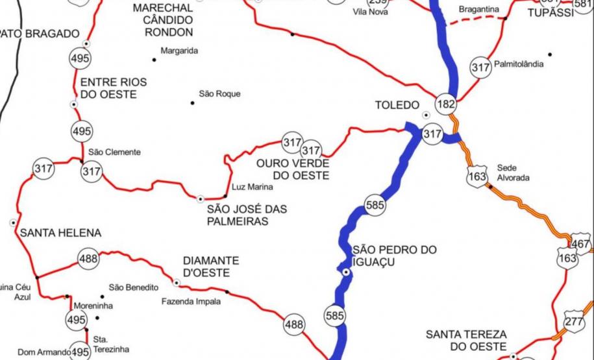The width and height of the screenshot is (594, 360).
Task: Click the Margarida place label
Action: (x=179, y=51)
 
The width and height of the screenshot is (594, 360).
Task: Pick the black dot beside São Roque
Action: (x=192, y=102)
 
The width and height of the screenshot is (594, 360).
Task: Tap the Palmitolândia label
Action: (x=519, y=65)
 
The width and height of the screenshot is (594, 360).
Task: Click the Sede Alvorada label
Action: (x=513, y=172)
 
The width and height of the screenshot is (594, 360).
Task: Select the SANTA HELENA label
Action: (x=61, y=232)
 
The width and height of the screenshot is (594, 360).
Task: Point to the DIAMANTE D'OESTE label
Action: (x=210, y=267)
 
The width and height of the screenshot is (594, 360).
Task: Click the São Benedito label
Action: (x=133, y=287)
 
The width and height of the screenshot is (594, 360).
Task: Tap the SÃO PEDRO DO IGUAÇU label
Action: (x=394, y=256)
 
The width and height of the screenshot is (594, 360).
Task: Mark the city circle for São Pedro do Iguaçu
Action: (x=347, y=273)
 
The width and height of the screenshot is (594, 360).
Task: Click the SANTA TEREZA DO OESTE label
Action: (x=466, y=341)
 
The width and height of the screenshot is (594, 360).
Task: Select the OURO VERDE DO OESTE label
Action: (x=293, y=169)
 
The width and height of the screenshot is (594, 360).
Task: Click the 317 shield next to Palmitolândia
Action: (x=480, y=67)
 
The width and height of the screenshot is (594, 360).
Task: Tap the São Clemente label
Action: (x=114, y=152)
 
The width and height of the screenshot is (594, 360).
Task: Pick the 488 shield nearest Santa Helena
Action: (x=88, y=258)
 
